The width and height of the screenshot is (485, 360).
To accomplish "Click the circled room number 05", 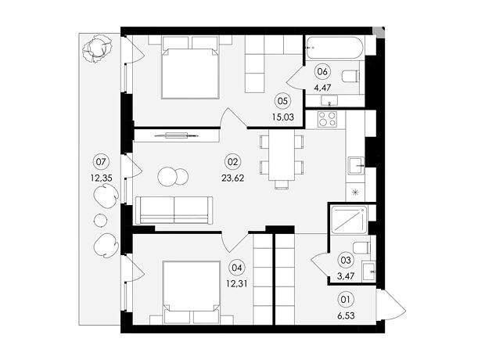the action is point(282,101).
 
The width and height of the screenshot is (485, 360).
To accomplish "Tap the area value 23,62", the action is point(232,178).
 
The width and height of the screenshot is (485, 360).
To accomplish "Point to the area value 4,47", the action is point(322,88).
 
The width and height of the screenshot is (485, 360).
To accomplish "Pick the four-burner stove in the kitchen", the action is point(327,119).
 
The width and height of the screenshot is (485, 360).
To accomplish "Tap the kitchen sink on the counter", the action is point(357,166).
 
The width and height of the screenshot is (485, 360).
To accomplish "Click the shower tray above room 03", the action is point(349,220).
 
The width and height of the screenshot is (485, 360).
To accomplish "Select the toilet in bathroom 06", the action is point(350,76).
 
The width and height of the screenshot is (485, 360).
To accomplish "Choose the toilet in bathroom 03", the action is point(361,247).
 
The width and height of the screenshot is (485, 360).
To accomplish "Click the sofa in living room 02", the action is point(174,210).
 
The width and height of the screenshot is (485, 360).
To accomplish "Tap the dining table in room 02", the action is point(282,155).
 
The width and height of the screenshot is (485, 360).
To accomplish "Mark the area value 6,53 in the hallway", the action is point(346,315).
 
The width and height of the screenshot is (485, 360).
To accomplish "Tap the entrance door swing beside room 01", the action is point(390,305).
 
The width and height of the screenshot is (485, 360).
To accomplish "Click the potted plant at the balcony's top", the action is point(97,49).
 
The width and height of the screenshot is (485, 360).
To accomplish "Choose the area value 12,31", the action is point(236,283).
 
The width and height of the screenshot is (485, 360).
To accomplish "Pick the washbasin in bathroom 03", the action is point(369,272).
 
